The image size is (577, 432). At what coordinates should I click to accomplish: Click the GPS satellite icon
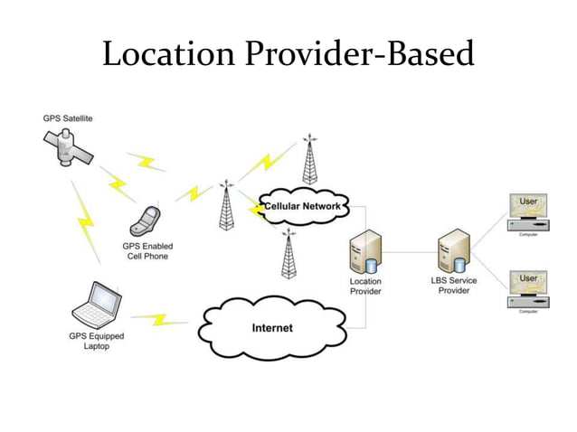click(x=65, y=148)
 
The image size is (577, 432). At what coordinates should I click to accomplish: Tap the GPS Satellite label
click(x=68, y=118)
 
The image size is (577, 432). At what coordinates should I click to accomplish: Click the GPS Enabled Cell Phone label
click(x=147, y=251)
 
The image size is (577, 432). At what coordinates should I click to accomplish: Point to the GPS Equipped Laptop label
click(x=97, y=342)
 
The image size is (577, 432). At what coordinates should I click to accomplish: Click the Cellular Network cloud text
click(x=302, y=207)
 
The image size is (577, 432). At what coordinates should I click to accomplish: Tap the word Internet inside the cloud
click(x=272, y=327)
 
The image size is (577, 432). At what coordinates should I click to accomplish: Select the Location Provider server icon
click(x=365, y=252)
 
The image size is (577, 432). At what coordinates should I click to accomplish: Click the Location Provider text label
click(x=365, y=286)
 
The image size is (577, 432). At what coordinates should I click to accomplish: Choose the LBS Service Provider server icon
click(x=452, y=252)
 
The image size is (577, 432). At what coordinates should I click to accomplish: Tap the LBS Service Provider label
click(x=453, y=285)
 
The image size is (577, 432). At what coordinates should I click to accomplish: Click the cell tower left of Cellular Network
click(x=226, y=206)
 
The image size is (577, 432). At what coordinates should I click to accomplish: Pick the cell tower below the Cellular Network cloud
click(x=289, y=255)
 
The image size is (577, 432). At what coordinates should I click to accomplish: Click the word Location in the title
click(x=170, y=54)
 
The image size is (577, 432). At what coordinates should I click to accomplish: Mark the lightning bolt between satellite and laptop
click(x=84, y=221)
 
